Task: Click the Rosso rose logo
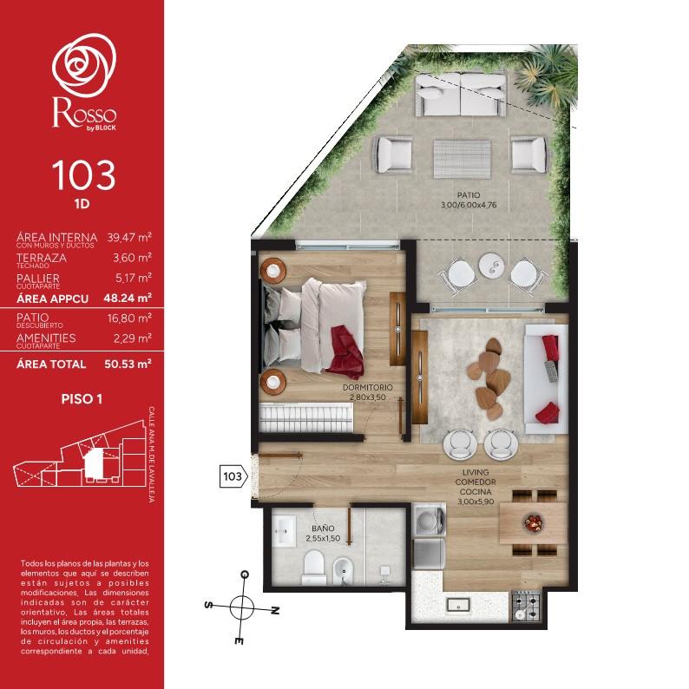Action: click(x=84, y=65)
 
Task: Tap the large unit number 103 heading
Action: click(x=83, y=175)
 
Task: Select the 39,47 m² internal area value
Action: click(x=129, y=237)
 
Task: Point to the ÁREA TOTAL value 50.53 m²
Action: click(x=128, y=364)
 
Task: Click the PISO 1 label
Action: click(x=82, y=399)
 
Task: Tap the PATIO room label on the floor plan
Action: click(x=469, y=195)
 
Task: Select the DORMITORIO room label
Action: click(x=367, y=388)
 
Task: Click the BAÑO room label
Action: click(x=323, y=528)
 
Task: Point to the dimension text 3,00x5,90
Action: click(x=476, y=502)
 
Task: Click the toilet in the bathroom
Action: click(x=314, y=568)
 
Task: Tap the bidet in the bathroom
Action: click(x=343, y=571)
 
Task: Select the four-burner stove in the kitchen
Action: click(x=526, y=607)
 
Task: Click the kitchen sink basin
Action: click(x=458, y=605)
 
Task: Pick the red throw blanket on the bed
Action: click(x=347, y=351)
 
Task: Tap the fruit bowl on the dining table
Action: click(x=534, y=522)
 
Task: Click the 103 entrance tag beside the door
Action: click(x=233, y=476)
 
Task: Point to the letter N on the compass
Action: click(x=274, y=610)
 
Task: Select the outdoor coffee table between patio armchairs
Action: click(x=462, y=159)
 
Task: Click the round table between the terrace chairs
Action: click(x=492, y=266)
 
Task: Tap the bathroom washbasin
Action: click(x=284, y=531)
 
